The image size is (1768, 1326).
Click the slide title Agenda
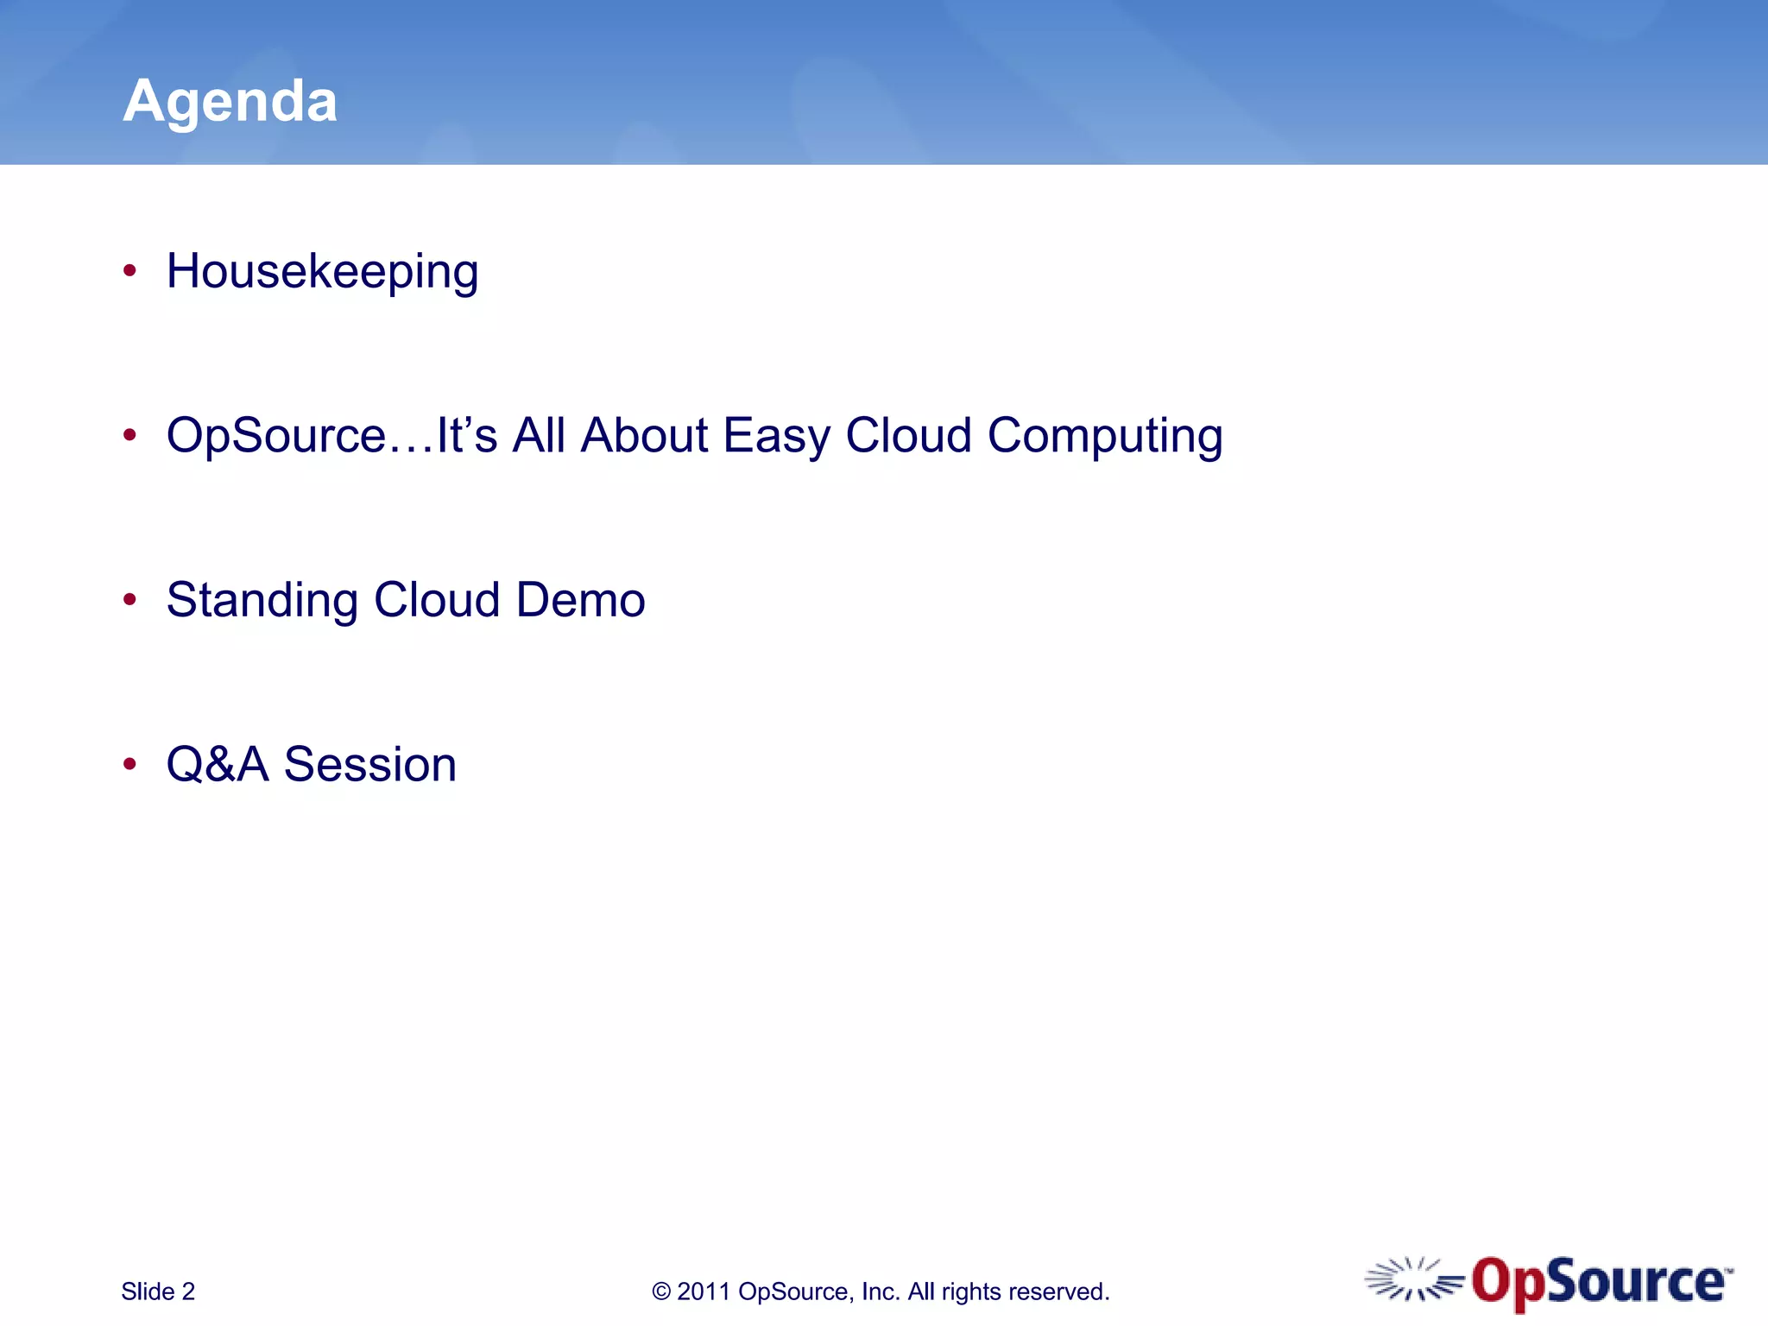230,102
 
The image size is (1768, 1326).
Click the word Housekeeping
322,273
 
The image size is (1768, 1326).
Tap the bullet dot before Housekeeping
129,271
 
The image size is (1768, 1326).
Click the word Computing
1104,436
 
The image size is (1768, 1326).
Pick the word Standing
262,601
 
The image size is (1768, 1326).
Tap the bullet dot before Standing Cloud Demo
129,599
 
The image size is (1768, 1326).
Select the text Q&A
218,765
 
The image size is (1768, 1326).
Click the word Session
369,765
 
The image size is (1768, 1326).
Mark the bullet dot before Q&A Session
129,764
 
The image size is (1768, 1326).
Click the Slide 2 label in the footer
158,1291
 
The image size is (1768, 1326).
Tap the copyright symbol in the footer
661,1291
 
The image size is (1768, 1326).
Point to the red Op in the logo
1507,1283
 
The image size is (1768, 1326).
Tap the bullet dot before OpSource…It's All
129,435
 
